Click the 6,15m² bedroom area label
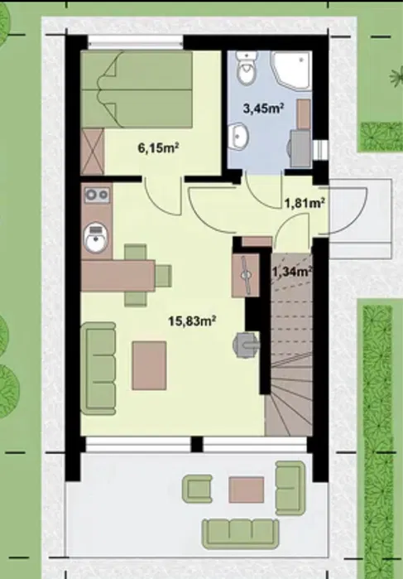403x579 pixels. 158,148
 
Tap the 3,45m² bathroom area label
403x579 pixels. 263,109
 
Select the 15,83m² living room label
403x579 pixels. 192,321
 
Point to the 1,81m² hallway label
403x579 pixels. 305,202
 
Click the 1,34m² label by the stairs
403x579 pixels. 292,272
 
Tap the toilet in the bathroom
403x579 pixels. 246,67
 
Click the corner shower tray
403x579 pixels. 291,70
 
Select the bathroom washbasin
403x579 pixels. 238,137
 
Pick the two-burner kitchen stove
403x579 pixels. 97,195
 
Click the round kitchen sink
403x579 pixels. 96,238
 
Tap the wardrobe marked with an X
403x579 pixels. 92,152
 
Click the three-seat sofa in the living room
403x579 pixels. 98,369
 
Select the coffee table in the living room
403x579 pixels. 149,365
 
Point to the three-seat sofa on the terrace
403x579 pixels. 240,533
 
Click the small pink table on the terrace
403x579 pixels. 246,490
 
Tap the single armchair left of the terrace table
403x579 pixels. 197,489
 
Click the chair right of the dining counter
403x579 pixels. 163,276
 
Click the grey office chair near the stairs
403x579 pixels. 246,345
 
